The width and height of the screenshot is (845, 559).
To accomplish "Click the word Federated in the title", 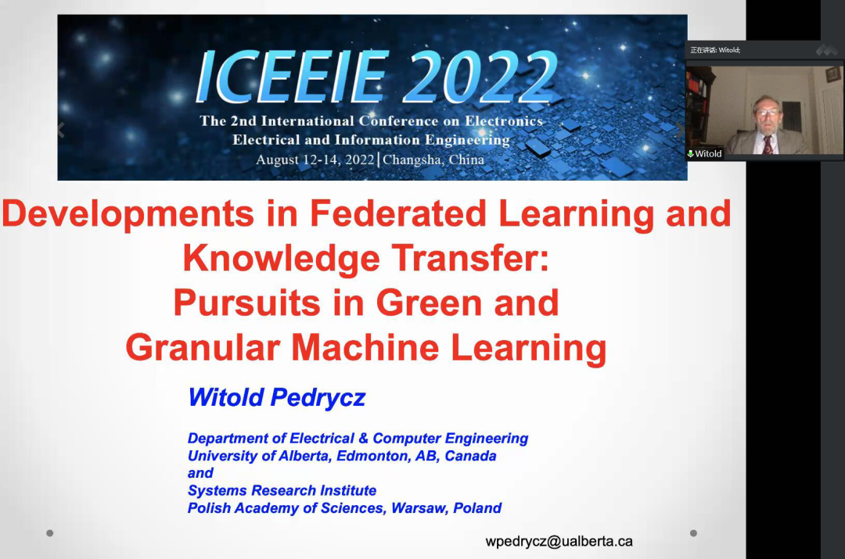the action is coord(397,213).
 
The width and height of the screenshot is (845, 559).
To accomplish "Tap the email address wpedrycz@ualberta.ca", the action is coord(559,541).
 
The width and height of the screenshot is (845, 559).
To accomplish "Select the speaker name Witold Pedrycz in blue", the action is coord(276,397).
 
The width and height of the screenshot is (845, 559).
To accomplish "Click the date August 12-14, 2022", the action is coord(315,159).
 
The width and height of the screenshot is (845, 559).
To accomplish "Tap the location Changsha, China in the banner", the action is coord(433,159).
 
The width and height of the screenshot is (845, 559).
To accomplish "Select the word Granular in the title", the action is coord(203,347).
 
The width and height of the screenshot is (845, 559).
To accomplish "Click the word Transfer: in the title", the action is coord(470,258).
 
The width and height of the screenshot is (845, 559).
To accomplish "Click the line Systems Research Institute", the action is coord(282,490).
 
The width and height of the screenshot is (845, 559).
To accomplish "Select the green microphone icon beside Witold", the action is coord(690,154).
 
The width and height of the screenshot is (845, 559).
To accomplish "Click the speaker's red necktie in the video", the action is coord(768,145).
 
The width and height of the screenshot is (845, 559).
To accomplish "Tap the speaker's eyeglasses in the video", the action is coord(768,113).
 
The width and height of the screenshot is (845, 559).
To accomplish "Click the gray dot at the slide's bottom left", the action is coord(49,533).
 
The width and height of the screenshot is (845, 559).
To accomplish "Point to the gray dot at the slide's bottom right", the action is coord(693,533).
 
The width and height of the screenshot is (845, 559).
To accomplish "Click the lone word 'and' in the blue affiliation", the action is coord(200,473).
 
